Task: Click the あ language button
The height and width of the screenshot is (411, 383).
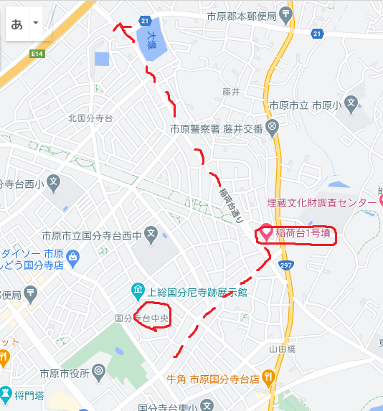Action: [16, 24]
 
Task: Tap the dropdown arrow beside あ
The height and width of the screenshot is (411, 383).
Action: [35, 23]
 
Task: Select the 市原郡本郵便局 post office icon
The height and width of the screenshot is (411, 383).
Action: [286, 13]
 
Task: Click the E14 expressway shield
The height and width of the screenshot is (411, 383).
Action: [38, 53]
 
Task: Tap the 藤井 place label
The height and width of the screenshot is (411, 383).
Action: [230, 91]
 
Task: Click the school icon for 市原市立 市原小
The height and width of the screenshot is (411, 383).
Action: [351, 104]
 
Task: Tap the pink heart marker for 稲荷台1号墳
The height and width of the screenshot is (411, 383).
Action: [265, 232]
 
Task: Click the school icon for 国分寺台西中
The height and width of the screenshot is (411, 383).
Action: [151, 233]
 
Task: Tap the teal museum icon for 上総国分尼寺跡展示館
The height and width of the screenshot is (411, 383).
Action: [138, 290]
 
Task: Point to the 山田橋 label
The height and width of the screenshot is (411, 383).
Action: [282, 349]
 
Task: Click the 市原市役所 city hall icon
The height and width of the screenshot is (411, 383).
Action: [99, 372]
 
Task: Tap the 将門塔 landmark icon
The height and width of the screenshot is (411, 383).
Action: [6, 393]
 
